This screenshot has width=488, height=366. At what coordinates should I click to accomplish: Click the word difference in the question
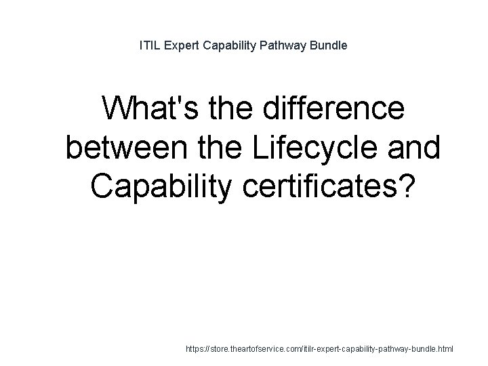pos(327,110)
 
